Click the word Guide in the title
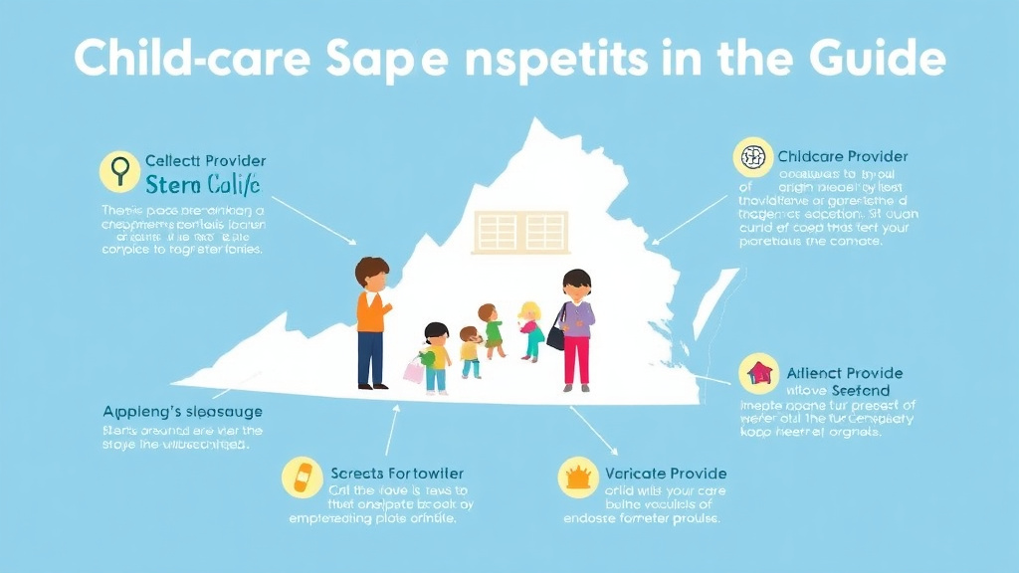pos(878,60)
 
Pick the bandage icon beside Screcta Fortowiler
pos(302,478)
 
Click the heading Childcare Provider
pos(843,157)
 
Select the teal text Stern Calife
pos(202,184)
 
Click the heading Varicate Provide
pos(663,474)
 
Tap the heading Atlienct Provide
pos(844,373)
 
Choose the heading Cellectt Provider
pos(205,160)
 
